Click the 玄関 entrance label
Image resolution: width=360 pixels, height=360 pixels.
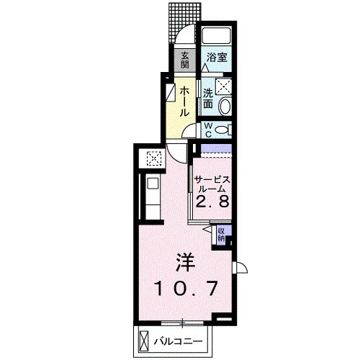pos(184,60)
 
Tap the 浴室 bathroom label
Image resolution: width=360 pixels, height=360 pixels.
pos(217,58)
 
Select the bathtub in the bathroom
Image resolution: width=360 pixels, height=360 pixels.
pos(216,36)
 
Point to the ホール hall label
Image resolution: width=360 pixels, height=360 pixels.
pos(184,102)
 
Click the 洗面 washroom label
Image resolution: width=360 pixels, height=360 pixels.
pos(208,99)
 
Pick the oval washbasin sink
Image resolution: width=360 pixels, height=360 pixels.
pos(225,106)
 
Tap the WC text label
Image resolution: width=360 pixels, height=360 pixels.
pos(208,130)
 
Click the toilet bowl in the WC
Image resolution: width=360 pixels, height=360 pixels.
pos(222,130)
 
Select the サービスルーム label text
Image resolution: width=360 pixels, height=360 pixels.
pos(212,184)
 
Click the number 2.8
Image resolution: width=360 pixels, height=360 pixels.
pos(212,202)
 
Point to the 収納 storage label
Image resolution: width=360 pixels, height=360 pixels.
pos(221,235)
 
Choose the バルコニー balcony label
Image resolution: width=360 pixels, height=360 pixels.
pos(178,341)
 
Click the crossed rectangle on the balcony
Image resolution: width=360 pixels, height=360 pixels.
pos(144,341)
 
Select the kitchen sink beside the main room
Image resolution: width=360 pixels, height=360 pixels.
pos(153,184)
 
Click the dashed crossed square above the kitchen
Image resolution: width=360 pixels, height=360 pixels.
pos(154,158)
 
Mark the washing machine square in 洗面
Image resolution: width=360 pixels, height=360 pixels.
pos(223,86)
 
